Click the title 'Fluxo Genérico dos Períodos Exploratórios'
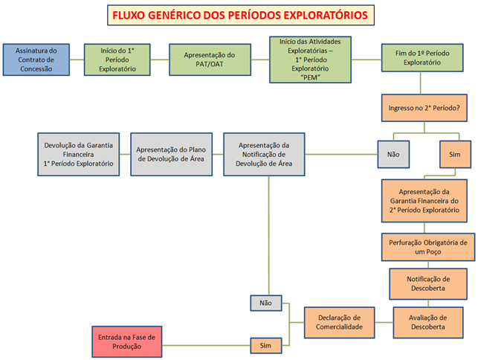[239, 14]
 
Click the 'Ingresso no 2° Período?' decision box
[423, 107]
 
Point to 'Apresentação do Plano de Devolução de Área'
[175, 154]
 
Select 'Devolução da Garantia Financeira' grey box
[78, 154]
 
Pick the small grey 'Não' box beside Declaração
[265, 303]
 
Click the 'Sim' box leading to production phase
[265, 345]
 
